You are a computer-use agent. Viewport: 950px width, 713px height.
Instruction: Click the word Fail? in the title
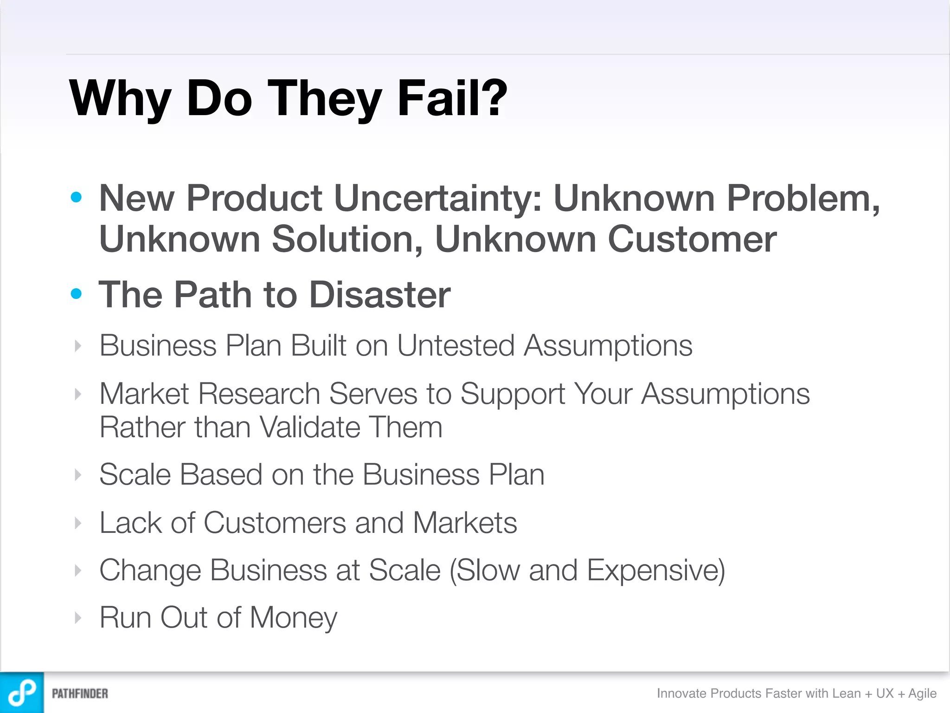pos(452,98)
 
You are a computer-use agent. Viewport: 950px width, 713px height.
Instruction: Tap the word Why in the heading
pos(120,99)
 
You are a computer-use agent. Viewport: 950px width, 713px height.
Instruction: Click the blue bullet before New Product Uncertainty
pos(76,197)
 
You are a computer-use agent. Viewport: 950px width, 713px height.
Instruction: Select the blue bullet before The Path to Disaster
pos(76,293)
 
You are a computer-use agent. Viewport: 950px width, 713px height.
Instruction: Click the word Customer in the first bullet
pos(692,240)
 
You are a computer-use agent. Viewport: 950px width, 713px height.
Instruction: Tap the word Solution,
pos(347,240)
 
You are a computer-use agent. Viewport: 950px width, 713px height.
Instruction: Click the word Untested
pos(456,346)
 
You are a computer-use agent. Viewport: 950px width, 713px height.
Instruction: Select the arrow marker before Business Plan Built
pos(78,346)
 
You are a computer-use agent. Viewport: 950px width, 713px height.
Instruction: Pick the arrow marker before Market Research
pos(78,394)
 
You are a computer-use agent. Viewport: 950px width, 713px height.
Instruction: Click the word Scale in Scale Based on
pos(135,475)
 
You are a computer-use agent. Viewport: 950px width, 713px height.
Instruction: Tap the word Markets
pos(464,523)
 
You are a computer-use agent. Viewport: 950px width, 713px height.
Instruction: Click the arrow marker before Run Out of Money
pos(78,618)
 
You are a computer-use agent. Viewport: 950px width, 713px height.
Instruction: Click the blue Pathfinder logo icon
pos(22,693)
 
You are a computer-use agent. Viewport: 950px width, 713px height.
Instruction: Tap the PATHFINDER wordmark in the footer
pos(80,694)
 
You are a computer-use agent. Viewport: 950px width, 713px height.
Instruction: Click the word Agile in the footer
pos(922,694)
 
